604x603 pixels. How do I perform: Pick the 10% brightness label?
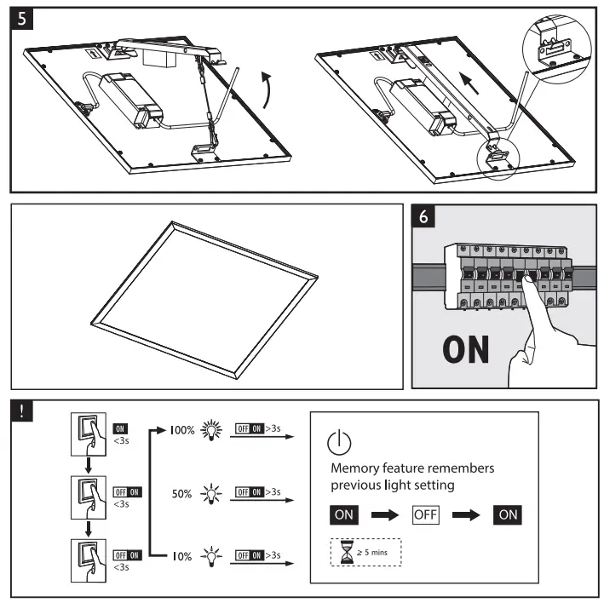click(182, 555)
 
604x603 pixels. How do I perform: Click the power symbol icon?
click(339, 443)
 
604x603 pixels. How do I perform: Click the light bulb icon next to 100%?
click(210, 431)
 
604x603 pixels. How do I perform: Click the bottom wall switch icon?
click(88, 554)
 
